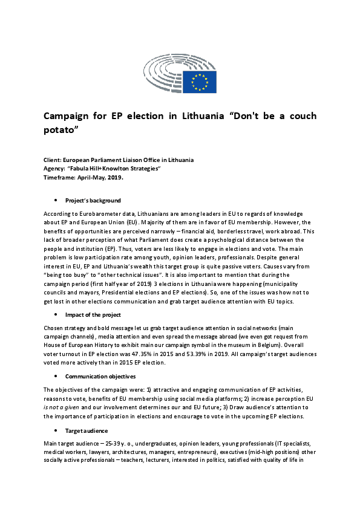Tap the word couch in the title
(299, 116)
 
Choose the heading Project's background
(93, 200)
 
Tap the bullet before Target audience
(56, 430)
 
